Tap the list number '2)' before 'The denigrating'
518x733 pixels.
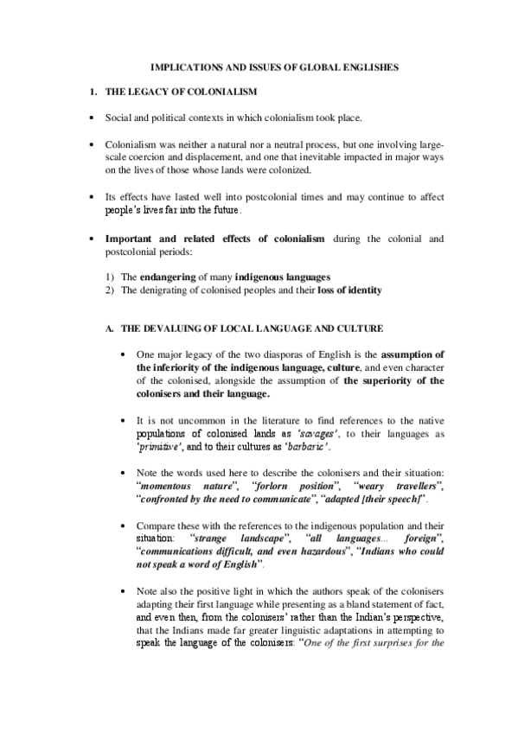[109, 290]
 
